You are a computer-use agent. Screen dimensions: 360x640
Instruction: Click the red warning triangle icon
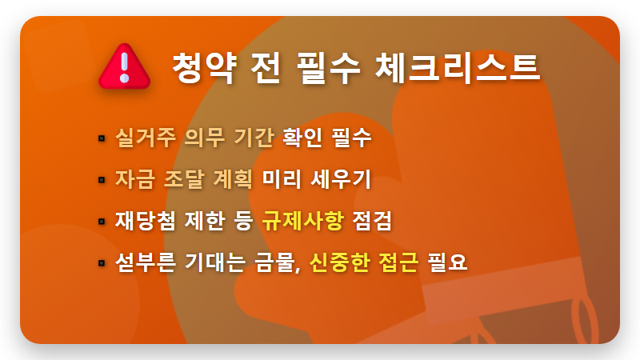(124, 66)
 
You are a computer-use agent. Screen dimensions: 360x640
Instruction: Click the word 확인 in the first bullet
(302, 138)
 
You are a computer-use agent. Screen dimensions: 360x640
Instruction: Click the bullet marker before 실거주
(102, 138)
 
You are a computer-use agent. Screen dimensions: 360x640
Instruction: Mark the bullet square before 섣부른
(102, 263)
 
